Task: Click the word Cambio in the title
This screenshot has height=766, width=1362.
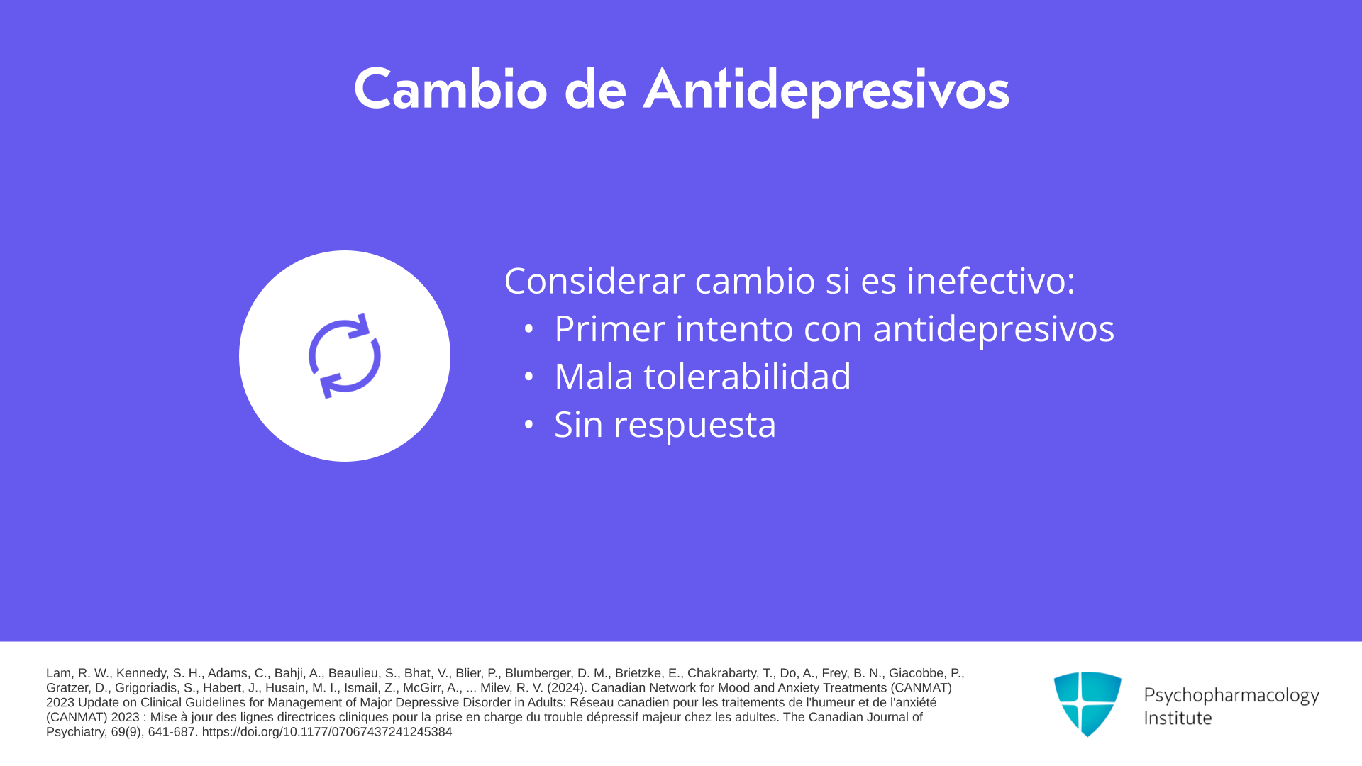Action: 450,89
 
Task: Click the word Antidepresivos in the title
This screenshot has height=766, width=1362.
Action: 826,91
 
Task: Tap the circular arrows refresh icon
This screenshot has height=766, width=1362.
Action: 345,356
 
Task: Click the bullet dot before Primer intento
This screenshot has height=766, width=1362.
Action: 528,329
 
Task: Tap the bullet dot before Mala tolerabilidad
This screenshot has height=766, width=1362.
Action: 528,377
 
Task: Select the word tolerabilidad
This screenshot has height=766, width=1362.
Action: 747,376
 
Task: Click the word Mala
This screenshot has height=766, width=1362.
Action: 594,376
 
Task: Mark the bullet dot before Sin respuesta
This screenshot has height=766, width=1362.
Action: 528,425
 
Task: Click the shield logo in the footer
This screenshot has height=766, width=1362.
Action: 1087,704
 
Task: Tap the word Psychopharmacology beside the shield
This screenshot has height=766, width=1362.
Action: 1231,696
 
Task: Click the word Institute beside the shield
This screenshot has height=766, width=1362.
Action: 1178,718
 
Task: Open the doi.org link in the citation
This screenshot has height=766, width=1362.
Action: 327,732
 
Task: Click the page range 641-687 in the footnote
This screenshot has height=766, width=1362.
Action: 170,732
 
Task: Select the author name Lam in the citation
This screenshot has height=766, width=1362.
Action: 58,673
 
